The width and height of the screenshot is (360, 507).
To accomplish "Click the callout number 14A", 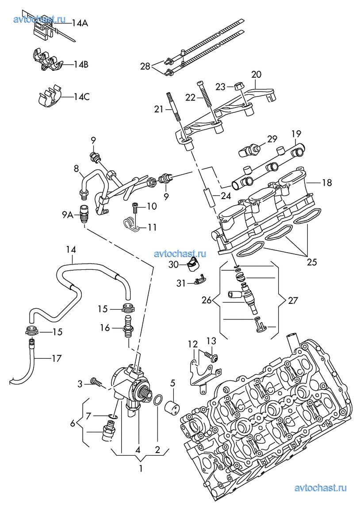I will click(x=79, y=23).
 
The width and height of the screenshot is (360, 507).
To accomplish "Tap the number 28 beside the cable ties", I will click(x=146, y=66).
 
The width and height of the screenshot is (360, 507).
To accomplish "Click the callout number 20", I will click(x=257, y=74).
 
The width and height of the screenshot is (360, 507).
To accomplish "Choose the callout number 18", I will click(x=327, y=182).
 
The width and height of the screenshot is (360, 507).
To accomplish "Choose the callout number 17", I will click(x=56, y=358).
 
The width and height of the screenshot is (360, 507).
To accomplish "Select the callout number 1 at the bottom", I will click(x=140, y=469).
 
